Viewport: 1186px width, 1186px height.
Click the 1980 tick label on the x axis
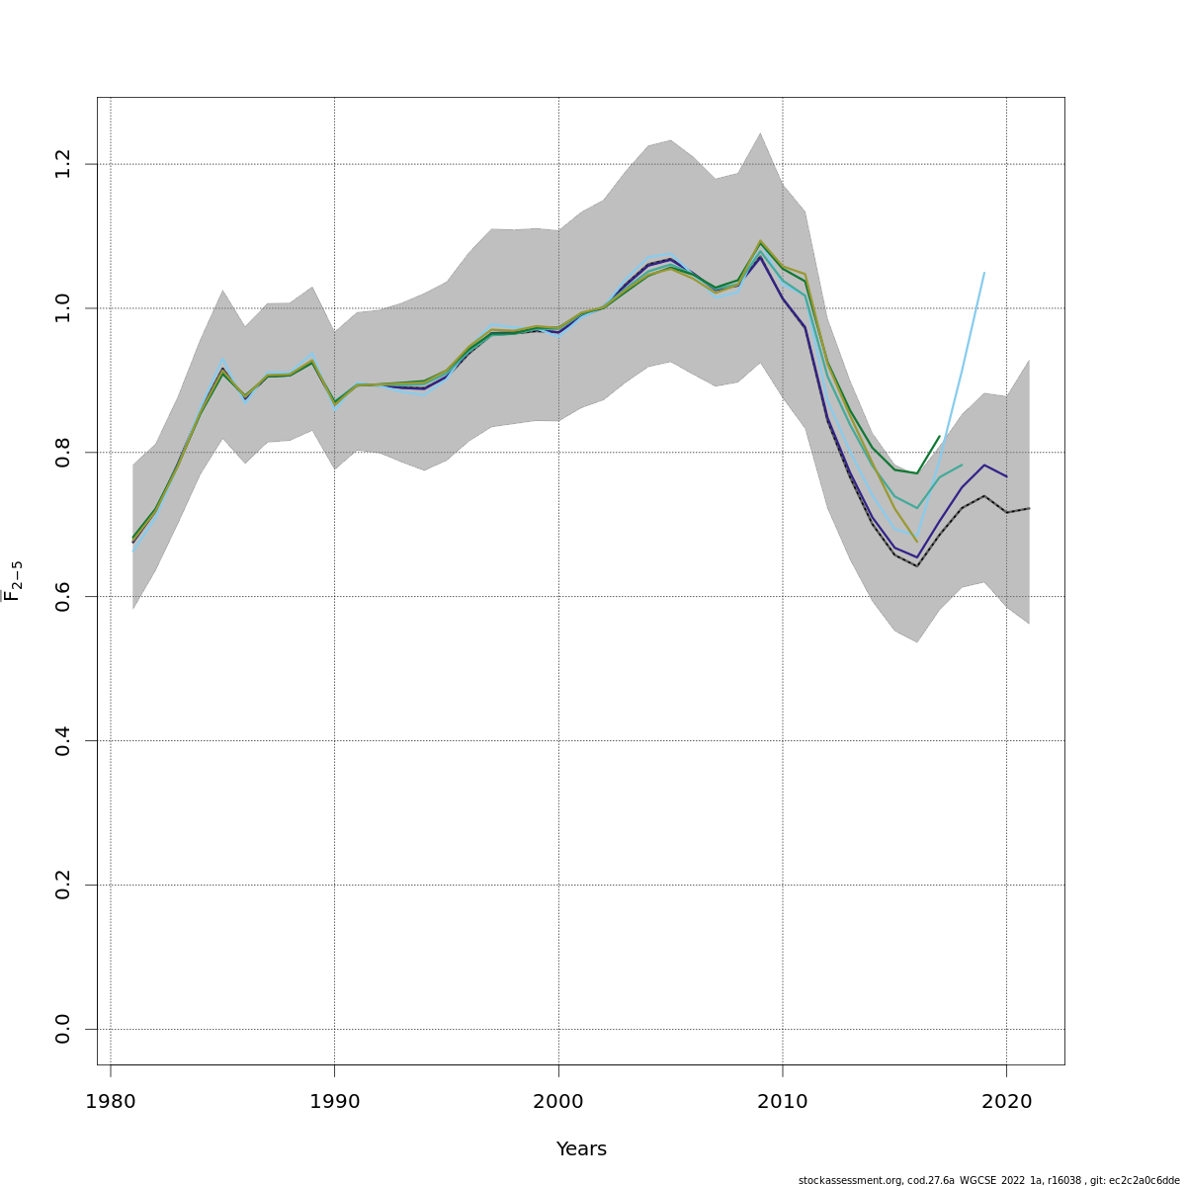coord(110,1101)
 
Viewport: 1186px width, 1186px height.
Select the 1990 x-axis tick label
coord(334,1101)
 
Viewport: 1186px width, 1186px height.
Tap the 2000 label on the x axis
coord(558,1101)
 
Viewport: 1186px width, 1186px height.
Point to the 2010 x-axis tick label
coord(783,1101)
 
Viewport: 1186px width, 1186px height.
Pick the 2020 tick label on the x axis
coord(1006,1101)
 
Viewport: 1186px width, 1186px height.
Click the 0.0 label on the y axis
coord(63,1029)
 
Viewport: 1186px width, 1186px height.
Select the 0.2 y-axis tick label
coord(63,885)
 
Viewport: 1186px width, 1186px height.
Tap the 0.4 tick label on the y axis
coord(63,740)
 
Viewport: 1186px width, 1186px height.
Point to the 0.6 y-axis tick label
coord(63,596)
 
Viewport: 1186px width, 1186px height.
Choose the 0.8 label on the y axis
coord(63,452)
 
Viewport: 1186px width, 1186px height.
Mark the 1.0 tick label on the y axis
coord(63,308)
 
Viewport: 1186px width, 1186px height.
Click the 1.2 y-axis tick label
coord(63,164)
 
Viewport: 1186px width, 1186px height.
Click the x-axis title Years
coord(581,1149)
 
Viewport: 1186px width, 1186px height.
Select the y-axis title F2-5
coord(13,581)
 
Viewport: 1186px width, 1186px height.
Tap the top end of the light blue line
coord(984,272)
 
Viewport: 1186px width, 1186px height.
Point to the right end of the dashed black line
coord(1029,508)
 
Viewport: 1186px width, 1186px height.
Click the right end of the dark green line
coord(939,436)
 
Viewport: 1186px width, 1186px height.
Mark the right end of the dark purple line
coord(1006,476)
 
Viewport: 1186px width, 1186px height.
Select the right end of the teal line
coord(962,465)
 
